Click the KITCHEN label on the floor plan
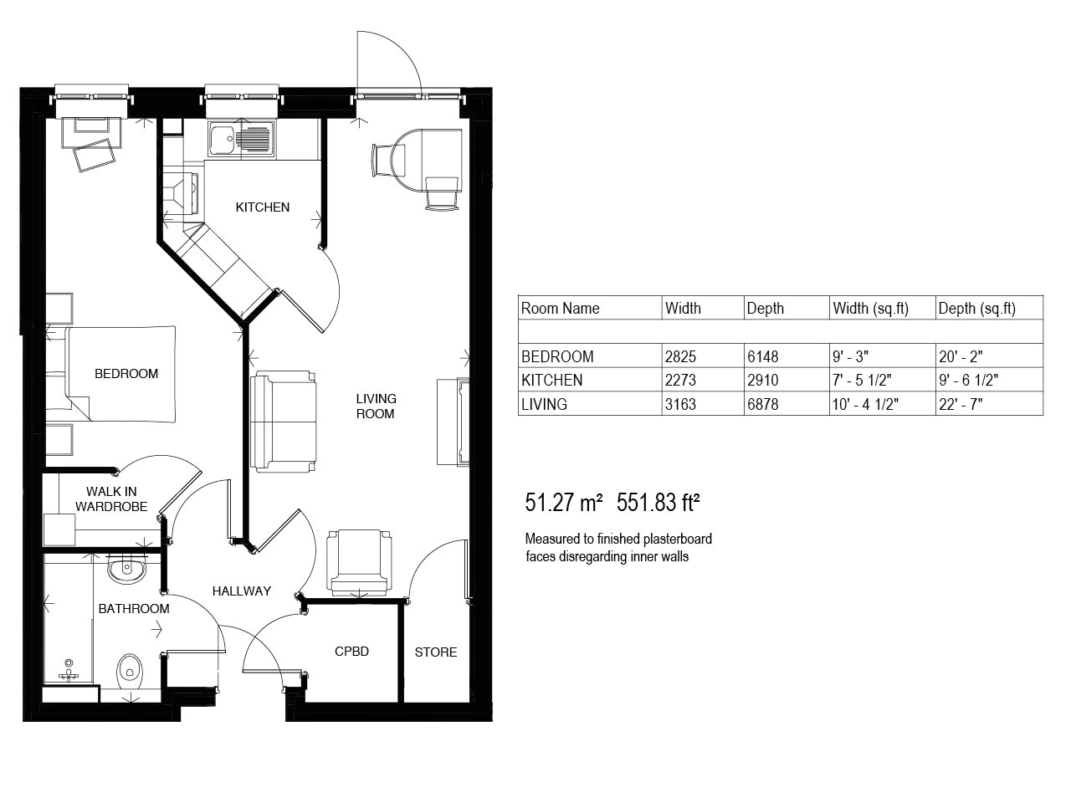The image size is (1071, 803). tap(263, 207)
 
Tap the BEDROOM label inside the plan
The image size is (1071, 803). tap(126, 373)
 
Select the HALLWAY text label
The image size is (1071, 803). tap(242, 591)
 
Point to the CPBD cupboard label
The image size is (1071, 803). tap(351, 652)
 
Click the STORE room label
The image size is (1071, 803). tap(436, 652)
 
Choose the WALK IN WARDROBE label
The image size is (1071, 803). tap(111, 499)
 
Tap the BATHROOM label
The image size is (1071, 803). tap(134, 608)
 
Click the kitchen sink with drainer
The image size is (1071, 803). tap(239, 139)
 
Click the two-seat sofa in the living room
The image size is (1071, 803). tap(284, 422)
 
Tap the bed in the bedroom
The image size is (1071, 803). tap(121, 373)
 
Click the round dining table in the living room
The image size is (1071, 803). tap(426, 161)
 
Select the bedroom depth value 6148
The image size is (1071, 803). tap(763, 357)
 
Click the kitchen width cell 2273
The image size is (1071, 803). tap(680, 381)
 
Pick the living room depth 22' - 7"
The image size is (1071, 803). tap(961, 404)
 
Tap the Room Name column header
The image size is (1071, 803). tap(560, 308)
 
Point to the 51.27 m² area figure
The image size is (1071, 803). tap(564, 503)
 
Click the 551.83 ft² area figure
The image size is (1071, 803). tap(658, 503)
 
